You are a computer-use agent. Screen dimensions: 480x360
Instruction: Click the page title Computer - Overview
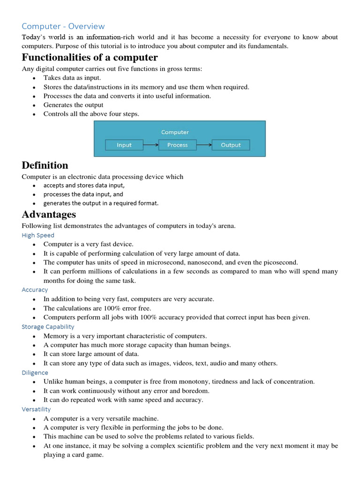pos(63,26)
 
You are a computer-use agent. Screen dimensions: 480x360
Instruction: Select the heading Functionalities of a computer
pos(90,57)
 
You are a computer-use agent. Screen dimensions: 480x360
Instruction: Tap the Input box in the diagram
pos(124,145)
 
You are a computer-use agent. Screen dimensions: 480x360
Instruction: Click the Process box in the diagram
pos(178,145)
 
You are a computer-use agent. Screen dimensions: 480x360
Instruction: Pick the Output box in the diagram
pos(231,145)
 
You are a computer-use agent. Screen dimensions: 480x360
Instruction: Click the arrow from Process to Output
pos(204,145)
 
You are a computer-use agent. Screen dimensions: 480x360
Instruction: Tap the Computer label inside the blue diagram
pos(175,132)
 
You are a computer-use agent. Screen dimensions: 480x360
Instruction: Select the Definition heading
pos(45,165)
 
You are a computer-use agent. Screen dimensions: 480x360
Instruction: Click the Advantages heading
pos(49,214)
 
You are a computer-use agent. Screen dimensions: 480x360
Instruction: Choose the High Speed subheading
pos(38,235)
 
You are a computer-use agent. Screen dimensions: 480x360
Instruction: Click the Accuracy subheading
pos(35,290)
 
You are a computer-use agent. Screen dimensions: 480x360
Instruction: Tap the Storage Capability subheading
pos(48,326)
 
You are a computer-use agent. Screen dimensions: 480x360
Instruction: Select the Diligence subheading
pos(35,373)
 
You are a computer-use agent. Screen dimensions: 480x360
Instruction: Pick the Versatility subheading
pos(36,409)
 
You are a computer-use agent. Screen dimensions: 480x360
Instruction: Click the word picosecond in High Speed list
pos(280,262)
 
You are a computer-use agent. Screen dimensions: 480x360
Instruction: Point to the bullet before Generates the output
pos(34,105)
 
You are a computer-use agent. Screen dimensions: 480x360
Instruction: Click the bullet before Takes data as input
pos(34,78)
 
